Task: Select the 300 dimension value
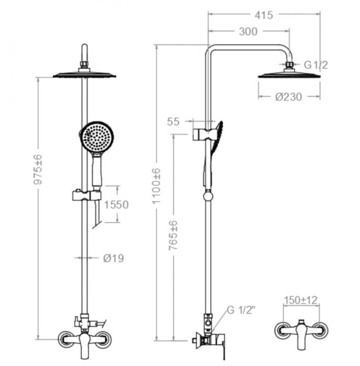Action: pos(248,32)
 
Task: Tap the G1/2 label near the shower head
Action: pos(316,65)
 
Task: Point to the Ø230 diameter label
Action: pos(289,97)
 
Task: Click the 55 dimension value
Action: pos(173,122)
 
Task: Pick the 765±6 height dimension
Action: pos(174,238)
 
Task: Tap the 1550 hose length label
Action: pos(116,205)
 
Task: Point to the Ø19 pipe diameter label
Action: pos(113,258)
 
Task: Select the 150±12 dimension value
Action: pos(301,300)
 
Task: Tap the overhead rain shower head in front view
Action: pos(85,75)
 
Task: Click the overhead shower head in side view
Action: pos(289,75)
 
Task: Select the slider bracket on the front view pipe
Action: pos(87,196)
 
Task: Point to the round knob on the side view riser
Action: pos(208,196)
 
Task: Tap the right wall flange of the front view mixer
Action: pos(105,338)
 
